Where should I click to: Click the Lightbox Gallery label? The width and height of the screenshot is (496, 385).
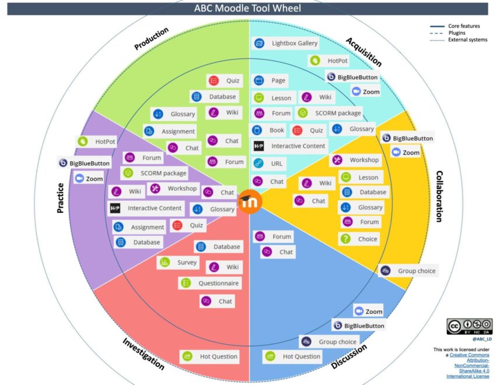286,43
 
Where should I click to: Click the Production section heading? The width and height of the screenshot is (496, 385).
152,38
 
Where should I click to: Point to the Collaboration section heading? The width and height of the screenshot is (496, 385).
438,196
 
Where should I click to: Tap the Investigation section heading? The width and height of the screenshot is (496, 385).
143,353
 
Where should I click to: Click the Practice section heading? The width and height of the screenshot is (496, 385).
60,196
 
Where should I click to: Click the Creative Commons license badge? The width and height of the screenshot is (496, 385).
469,326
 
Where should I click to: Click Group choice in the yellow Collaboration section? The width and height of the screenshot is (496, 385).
409,271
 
